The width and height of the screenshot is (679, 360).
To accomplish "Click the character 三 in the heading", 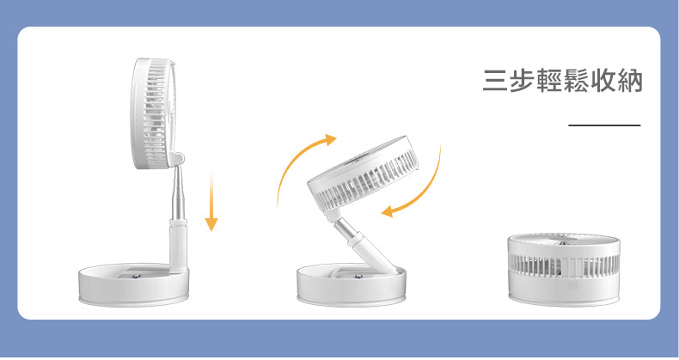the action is tap(495, 81).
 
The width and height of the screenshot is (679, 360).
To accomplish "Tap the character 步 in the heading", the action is tap(523, 81).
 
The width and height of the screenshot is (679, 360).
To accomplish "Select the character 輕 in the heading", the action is tap(549, 81).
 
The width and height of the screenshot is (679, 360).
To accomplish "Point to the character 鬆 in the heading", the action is tap(577, 81).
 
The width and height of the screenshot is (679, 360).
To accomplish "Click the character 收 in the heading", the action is tap(603, 81).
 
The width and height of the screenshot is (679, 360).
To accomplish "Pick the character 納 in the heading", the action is tap(630, 81).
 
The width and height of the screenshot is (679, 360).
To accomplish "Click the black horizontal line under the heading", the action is tap(604, 125).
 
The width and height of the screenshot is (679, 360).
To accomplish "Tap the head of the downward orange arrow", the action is tap(211, 224).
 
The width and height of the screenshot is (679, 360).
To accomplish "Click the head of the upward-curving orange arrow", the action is tap(330, 139).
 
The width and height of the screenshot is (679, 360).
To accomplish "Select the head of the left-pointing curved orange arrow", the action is tap(387, 211).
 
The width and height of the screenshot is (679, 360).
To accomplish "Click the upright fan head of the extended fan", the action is tap(154, 113).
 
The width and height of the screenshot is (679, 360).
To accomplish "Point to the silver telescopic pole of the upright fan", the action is tap(178, 193).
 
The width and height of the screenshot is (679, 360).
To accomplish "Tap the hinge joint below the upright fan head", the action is tap(178, 159).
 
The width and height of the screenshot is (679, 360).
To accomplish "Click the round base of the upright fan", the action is tap(133, 284).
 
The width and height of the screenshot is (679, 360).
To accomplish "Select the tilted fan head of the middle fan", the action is tap(363, 174).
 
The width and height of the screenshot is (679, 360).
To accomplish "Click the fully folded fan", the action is tap(564, 269).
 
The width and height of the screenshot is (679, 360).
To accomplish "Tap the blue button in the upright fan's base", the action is tap(137, 274).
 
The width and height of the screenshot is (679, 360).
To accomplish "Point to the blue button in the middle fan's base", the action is tap(358, 276).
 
